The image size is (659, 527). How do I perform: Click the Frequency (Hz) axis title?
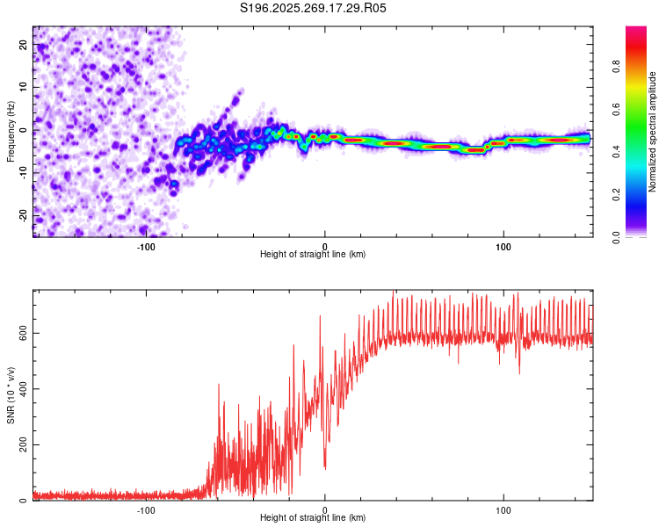[11, 131]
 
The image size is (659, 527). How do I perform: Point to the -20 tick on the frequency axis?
[23, 215]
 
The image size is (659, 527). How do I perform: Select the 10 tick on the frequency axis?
[23, 87]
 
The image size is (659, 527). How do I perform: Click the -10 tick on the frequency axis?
[23, 173]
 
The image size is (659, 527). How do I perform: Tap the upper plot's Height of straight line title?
[313, 254]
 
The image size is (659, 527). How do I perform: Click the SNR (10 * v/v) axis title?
[11, 395]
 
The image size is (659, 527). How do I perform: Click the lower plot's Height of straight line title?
[313, 518]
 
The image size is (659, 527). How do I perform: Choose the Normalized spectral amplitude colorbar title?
[652, 131]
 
